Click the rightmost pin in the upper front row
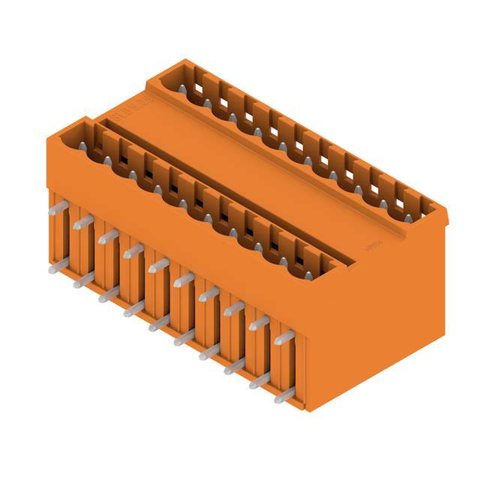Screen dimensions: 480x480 click(284, 338)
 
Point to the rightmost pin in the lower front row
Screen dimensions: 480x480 click(284, 395)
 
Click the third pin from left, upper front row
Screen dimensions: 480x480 click(108, 236)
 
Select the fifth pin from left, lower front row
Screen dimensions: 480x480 click(159, 323)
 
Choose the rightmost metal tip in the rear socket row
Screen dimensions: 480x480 click(409, 217)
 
